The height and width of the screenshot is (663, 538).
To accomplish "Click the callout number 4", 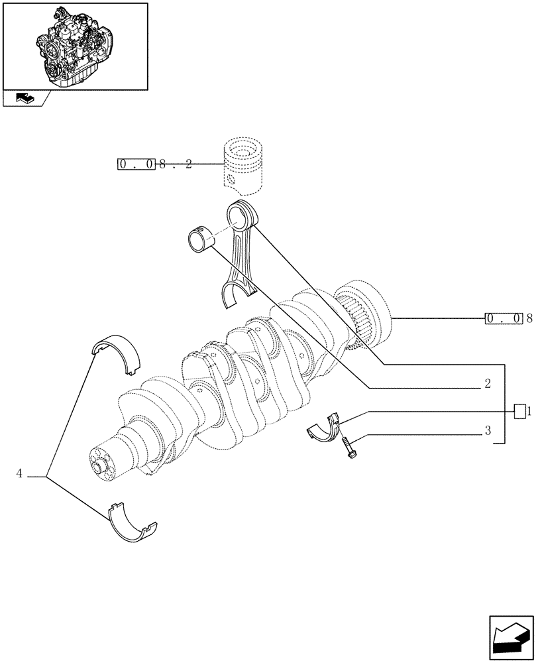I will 19,473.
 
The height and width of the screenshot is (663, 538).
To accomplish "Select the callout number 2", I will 487,383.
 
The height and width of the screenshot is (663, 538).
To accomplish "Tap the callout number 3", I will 487,431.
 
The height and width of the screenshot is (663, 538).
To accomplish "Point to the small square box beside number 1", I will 520,411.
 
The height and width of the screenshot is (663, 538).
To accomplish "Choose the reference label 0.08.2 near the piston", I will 155,164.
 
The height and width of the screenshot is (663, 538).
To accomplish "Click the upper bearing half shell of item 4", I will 117,353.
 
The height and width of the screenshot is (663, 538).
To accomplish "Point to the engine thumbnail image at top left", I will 74,45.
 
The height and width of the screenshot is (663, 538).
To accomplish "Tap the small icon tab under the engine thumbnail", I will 25,99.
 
